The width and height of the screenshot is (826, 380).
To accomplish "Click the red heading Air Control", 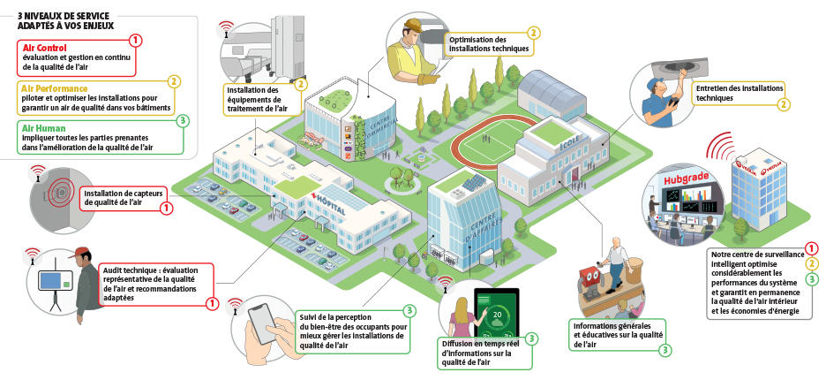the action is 44,48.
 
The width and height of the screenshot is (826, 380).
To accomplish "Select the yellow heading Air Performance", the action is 55,88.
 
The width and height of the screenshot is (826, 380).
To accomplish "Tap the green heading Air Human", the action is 43,127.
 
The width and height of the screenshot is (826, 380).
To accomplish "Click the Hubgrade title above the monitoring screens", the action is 683,180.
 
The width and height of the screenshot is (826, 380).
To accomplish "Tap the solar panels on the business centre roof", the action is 474,182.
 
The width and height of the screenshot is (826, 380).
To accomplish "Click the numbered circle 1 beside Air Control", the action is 135,40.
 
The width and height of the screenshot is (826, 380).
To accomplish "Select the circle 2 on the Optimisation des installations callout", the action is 533,33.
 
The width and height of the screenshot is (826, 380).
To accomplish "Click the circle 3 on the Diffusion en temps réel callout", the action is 532,338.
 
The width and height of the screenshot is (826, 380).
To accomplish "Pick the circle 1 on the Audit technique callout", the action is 212,303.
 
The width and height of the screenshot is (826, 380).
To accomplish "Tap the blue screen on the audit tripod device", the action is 51,280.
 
